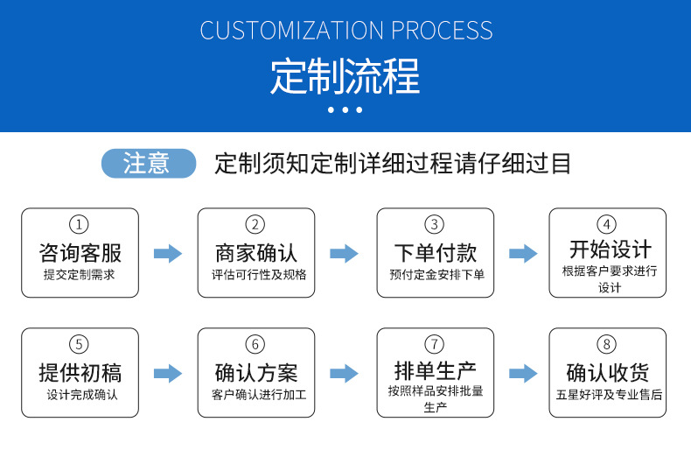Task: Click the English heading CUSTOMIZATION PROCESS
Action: [x=345, y=31]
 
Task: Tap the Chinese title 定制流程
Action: [x=345, y=77]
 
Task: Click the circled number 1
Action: [x=80, y=225]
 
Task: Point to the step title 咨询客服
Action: [x=80, y=253]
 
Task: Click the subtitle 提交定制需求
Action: [x=80, y=275]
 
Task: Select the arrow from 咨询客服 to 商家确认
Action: [x=168, y=254]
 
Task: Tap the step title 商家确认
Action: [x=256, y=253]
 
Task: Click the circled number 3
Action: [x=435, y=225]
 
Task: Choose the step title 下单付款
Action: [x=435, y=253]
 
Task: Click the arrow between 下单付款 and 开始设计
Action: [x=523, y=254]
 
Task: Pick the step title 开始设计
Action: [x=609, y=249]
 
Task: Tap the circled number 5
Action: [x=80, y=344]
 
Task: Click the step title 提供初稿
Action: [x=80, y=373]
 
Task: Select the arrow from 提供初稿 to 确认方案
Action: [x=168, y=373]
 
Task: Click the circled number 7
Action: [x=435, y=343]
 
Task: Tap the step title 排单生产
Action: [x=435, y=369]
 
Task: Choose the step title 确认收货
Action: [x=609, y=373]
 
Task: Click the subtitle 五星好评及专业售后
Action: [x=609, y=395]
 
